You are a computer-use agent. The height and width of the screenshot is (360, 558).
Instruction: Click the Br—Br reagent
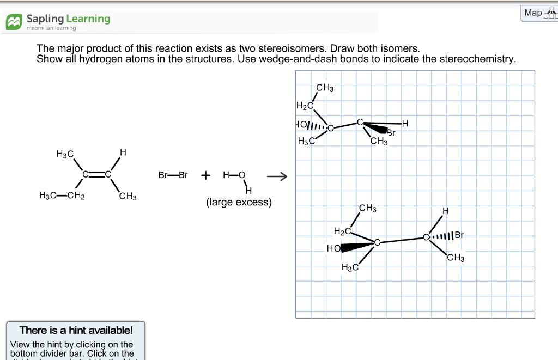point(173,175)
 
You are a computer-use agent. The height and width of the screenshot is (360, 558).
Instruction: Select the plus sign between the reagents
point(205,175)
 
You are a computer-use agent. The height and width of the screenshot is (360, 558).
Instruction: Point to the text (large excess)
point(239,202)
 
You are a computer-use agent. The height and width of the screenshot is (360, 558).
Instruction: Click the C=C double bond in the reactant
point(96,175)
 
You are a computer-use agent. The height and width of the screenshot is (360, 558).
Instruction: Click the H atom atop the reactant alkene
point(123,152)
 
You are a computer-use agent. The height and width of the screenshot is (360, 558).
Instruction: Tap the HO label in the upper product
point(301,125)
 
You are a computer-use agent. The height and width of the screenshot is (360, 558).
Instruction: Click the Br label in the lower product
point(459,235)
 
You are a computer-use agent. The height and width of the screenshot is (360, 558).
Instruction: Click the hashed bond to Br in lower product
point(442,236)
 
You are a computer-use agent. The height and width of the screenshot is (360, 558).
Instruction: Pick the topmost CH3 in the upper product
point(324,88)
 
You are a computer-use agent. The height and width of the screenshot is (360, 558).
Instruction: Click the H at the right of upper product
point(404,123)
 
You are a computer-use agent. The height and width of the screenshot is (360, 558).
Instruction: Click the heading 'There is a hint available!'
point(76,330)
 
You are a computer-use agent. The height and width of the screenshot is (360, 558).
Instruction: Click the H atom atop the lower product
point(445,211)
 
